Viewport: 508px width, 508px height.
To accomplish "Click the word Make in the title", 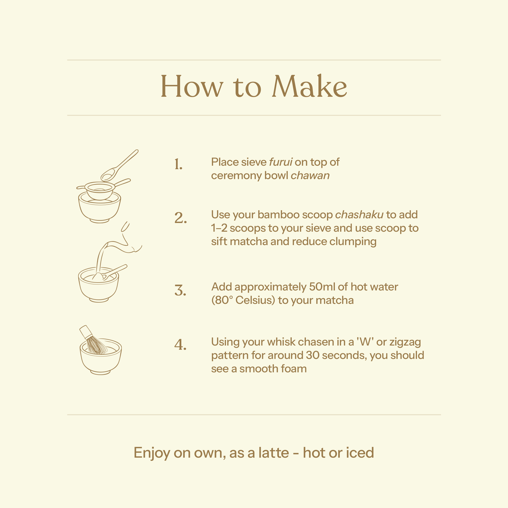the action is coord(310,86).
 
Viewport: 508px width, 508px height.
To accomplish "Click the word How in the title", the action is coord(192,86).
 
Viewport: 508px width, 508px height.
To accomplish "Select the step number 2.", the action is coord(181,218).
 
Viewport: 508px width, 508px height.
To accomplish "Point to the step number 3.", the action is coord(180,290).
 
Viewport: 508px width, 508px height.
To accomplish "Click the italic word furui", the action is coord(281,162).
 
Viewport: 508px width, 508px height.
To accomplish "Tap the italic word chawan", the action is coord(310,175).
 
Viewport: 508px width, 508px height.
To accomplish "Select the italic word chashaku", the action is coord(359,215).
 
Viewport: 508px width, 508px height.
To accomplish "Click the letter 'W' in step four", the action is coord(365,342).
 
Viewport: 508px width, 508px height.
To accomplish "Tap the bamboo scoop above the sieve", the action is coord(120,165).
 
